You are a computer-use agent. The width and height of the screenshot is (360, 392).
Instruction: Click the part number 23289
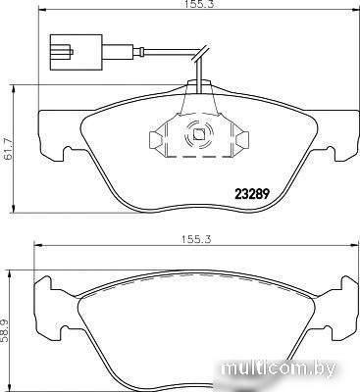[x=252, y=195]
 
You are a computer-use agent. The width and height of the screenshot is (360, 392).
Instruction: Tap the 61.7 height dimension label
[x=8, y=149]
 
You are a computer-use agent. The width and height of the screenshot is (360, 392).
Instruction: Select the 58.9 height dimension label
[x=5, y=331]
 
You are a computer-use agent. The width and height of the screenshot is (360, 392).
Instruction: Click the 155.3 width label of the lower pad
[x=196, y=239]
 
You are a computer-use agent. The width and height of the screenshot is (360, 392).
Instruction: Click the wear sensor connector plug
[x=77, y=52]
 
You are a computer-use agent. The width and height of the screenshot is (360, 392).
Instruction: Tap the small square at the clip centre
[x=199, y=134]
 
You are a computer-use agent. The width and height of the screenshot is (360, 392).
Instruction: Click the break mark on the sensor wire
[x=199, y=54]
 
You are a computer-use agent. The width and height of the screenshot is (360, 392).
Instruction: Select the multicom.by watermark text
[x=279, y=369]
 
